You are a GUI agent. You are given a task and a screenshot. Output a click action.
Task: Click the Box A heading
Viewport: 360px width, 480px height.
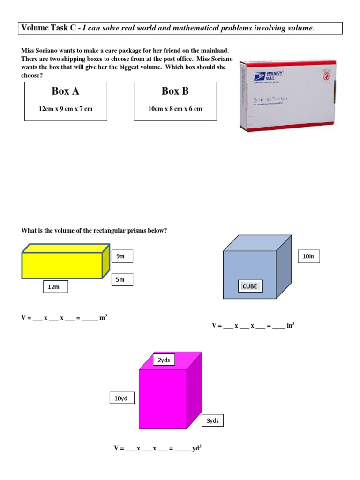point(65,91)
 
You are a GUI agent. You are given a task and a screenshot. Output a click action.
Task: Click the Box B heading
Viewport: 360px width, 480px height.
point(175,91)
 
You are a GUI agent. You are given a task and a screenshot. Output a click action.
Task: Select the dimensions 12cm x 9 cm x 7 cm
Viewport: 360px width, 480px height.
point(66,109)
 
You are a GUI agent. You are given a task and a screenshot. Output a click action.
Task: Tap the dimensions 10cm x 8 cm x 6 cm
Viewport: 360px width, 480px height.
point(175,109)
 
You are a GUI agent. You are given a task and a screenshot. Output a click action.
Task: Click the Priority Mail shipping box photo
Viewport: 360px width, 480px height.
point(288,96)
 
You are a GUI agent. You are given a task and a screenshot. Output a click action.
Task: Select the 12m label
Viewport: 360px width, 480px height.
point(55,287)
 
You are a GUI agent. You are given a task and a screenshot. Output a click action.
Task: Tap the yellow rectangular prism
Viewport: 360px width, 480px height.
point(62,265)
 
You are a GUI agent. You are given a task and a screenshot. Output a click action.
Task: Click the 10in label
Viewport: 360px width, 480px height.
point(309,256)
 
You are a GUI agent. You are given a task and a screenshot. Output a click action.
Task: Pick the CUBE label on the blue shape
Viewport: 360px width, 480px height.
point(249,286)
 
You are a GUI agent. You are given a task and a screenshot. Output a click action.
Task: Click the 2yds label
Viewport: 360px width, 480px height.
point(164,360)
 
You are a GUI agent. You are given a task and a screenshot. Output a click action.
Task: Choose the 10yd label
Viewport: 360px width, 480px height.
point(121,399)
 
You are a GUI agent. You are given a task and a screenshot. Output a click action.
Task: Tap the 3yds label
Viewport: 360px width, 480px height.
point(212,421)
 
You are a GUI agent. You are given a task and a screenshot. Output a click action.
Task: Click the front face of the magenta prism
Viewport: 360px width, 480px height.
point(163,399)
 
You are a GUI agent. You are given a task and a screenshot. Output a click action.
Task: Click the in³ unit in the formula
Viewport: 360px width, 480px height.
point(290,325)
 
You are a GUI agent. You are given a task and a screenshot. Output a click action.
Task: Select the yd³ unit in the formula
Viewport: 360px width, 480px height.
point(197,448)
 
